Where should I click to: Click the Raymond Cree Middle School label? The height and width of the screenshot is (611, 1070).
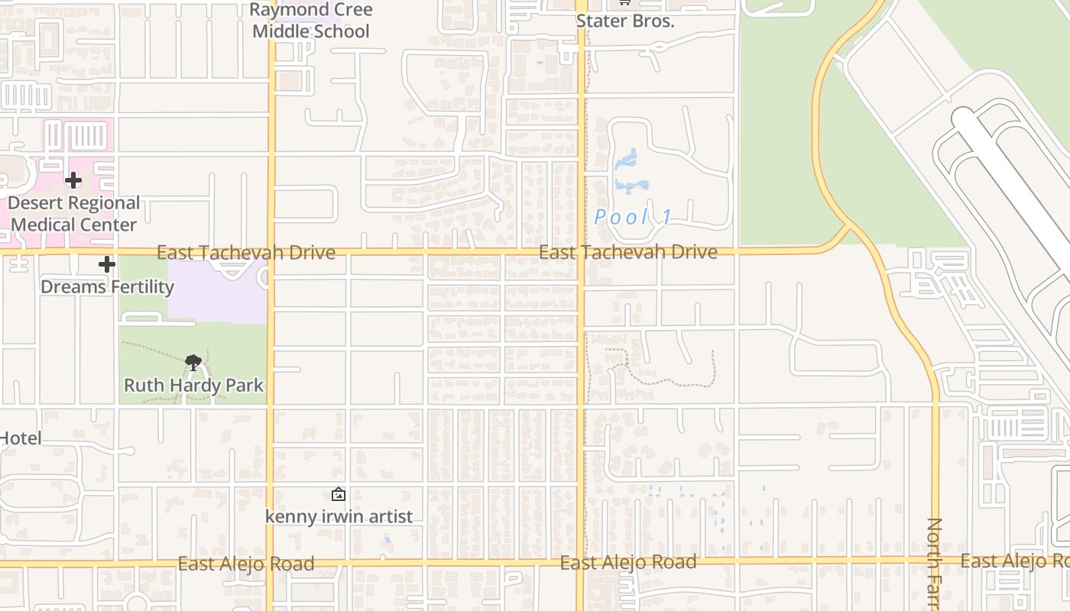[x=311, y=21]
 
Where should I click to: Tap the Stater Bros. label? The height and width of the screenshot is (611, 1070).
[x=625, y=21]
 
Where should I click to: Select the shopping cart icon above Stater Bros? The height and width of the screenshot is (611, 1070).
[x=624, y=2]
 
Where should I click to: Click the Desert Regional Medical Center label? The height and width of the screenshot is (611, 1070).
[x=74, y=214]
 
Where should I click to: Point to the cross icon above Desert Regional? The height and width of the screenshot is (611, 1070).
[x=73, y=180]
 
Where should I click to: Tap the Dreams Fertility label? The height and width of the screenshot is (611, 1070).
[x=107, y=286]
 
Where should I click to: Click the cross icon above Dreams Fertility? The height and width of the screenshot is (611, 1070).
[x=107, y=264]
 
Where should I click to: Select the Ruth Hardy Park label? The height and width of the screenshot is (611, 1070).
[x=193, y=385]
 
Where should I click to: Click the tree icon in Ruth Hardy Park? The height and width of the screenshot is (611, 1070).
[x=193, y=362]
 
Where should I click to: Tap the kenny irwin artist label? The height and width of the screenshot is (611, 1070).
[x=339, y=516]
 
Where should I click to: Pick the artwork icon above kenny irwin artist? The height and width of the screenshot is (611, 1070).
[x=339, y=494]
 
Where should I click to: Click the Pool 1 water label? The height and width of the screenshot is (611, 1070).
[x=634, y=217]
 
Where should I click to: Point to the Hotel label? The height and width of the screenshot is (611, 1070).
[x=21, y=438]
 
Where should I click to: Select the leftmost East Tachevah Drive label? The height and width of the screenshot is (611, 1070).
[x=245, y=253]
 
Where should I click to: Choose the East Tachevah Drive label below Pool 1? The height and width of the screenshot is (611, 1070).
[x=627, y=252]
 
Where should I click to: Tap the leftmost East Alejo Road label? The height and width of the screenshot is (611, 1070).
[x=245, y=564]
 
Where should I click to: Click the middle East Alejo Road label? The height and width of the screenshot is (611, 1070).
[x=627, y=563]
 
